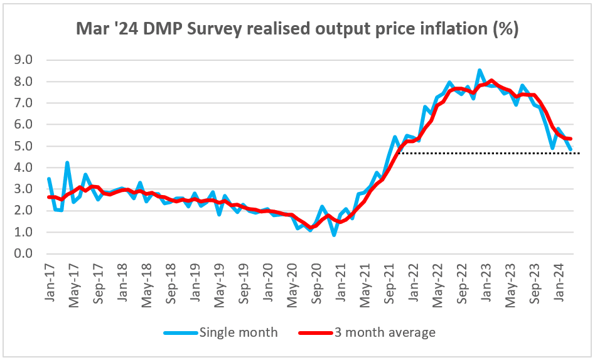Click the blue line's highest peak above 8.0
click(x=480, y=70)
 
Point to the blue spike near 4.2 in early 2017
click(x=67, y=162)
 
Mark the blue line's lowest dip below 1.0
click(x=334, y=235)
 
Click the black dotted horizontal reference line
click(x=490, y=153)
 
